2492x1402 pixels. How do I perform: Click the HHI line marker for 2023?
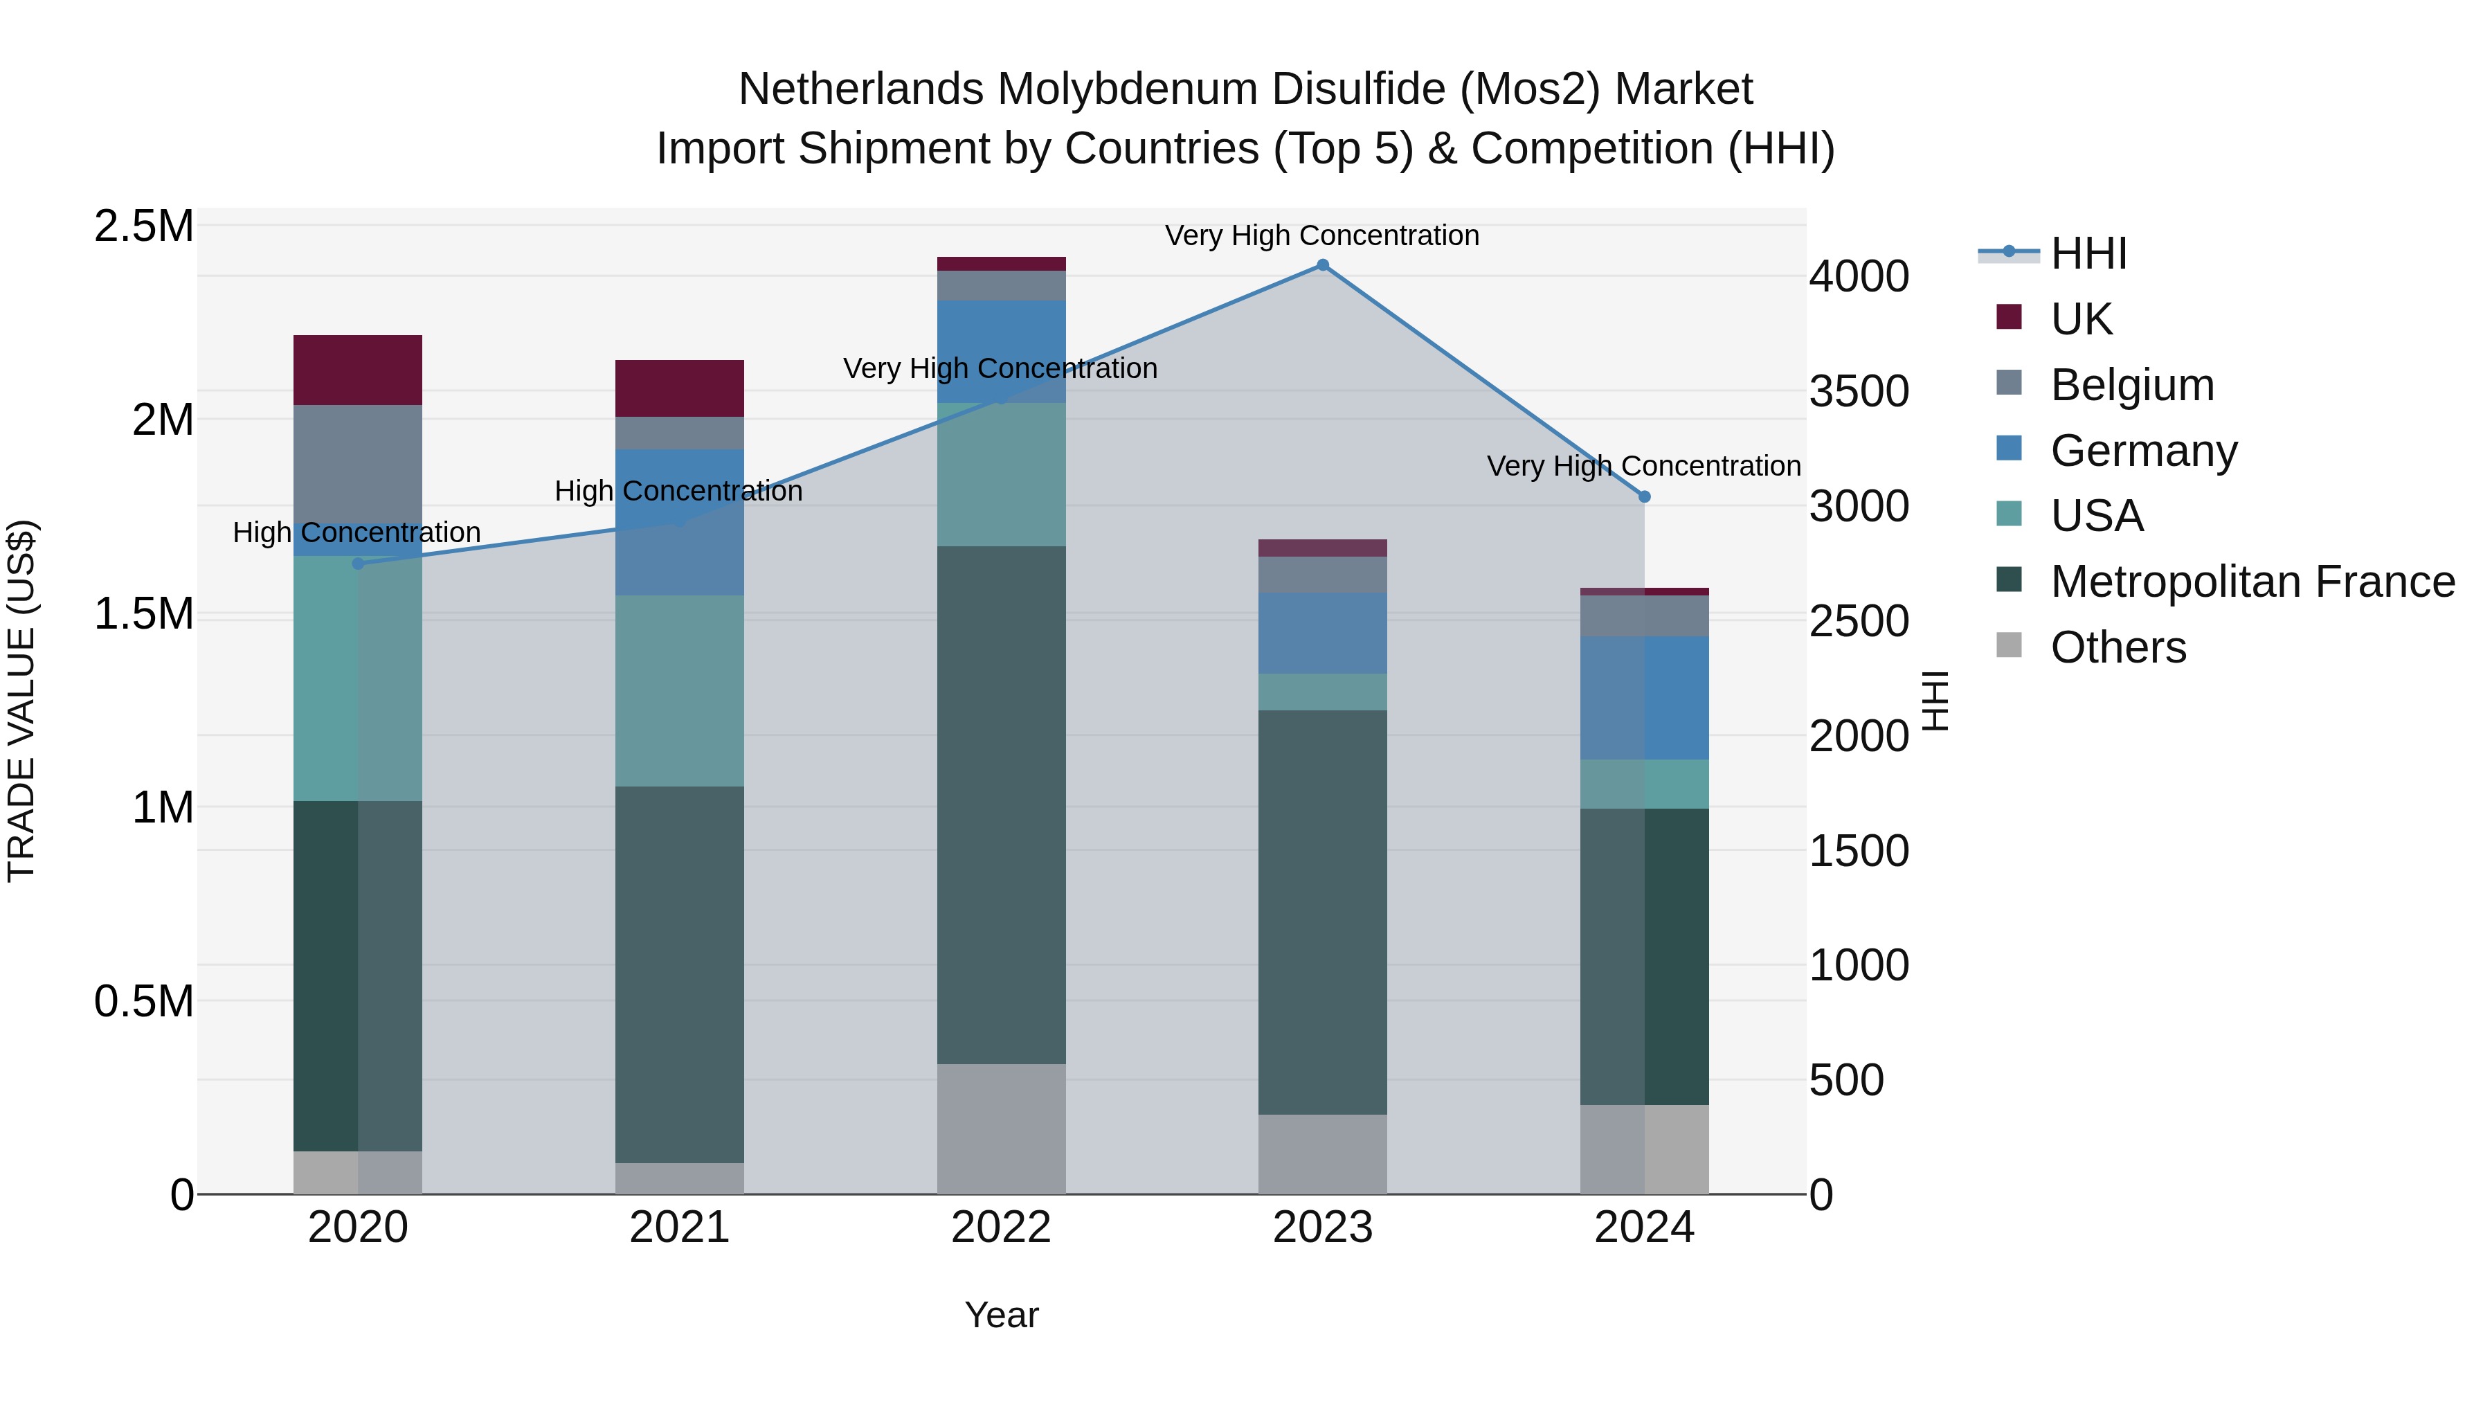(x=1322, y=265)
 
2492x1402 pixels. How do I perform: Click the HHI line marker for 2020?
(x=358, y=563)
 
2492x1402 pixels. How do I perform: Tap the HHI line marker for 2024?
(x=1645, y=496)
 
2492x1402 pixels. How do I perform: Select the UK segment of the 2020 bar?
(x=358, y=370)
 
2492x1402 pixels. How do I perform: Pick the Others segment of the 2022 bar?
(x=1001, y=1129)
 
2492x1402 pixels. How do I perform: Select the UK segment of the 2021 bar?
(x=679, y=388)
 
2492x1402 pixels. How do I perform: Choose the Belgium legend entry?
(x=2131, y=384)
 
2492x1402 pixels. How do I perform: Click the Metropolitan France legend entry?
(x=2251, y=582)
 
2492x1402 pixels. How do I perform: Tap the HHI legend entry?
(x=2088, y=253)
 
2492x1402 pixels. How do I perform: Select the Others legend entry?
(x=2117, y=647)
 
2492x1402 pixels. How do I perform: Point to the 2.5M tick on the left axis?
(x=144, y=226)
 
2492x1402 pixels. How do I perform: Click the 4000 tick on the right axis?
(x=1859, y=277)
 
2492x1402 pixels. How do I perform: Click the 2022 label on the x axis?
(x=1001, y=1228)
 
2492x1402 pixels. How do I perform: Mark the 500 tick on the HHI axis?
(x=1845, y=1080)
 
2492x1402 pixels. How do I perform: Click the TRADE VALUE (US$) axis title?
(x=21, y=701)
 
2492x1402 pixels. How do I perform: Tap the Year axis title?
(x=1001, y=1315)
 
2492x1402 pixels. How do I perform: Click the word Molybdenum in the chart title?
(x=1127, y=89)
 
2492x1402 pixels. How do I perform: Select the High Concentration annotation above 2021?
(x=678, y=491)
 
